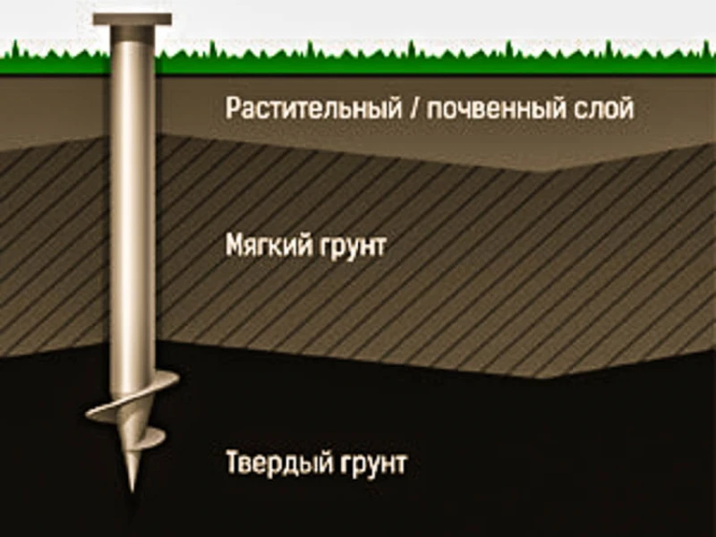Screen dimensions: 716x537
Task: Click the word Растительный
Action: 314,108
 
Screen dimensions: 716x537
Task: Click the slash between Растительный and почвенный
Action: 415,108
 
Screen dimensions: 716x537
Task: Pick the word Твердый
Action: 277,463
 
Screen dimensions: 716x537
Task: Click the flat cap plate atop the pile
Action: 132,19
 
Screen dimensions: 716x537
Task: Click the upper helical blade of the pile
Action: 133,397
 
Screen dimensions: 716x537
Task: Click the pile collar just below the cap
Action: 132,33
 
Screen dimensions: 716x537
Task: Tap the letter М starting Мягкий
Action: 235,245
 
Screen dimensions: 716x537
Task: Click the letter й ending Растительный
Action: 395,107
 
